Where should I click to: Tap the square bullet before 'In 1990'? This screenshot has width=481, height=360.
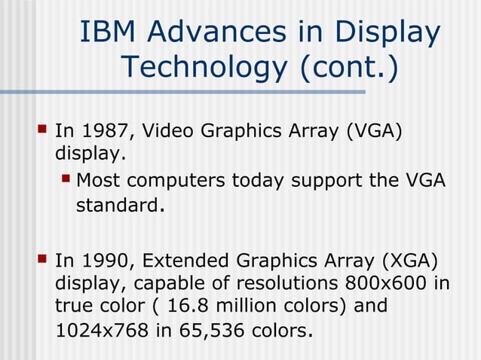click(x=42, y=261)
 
